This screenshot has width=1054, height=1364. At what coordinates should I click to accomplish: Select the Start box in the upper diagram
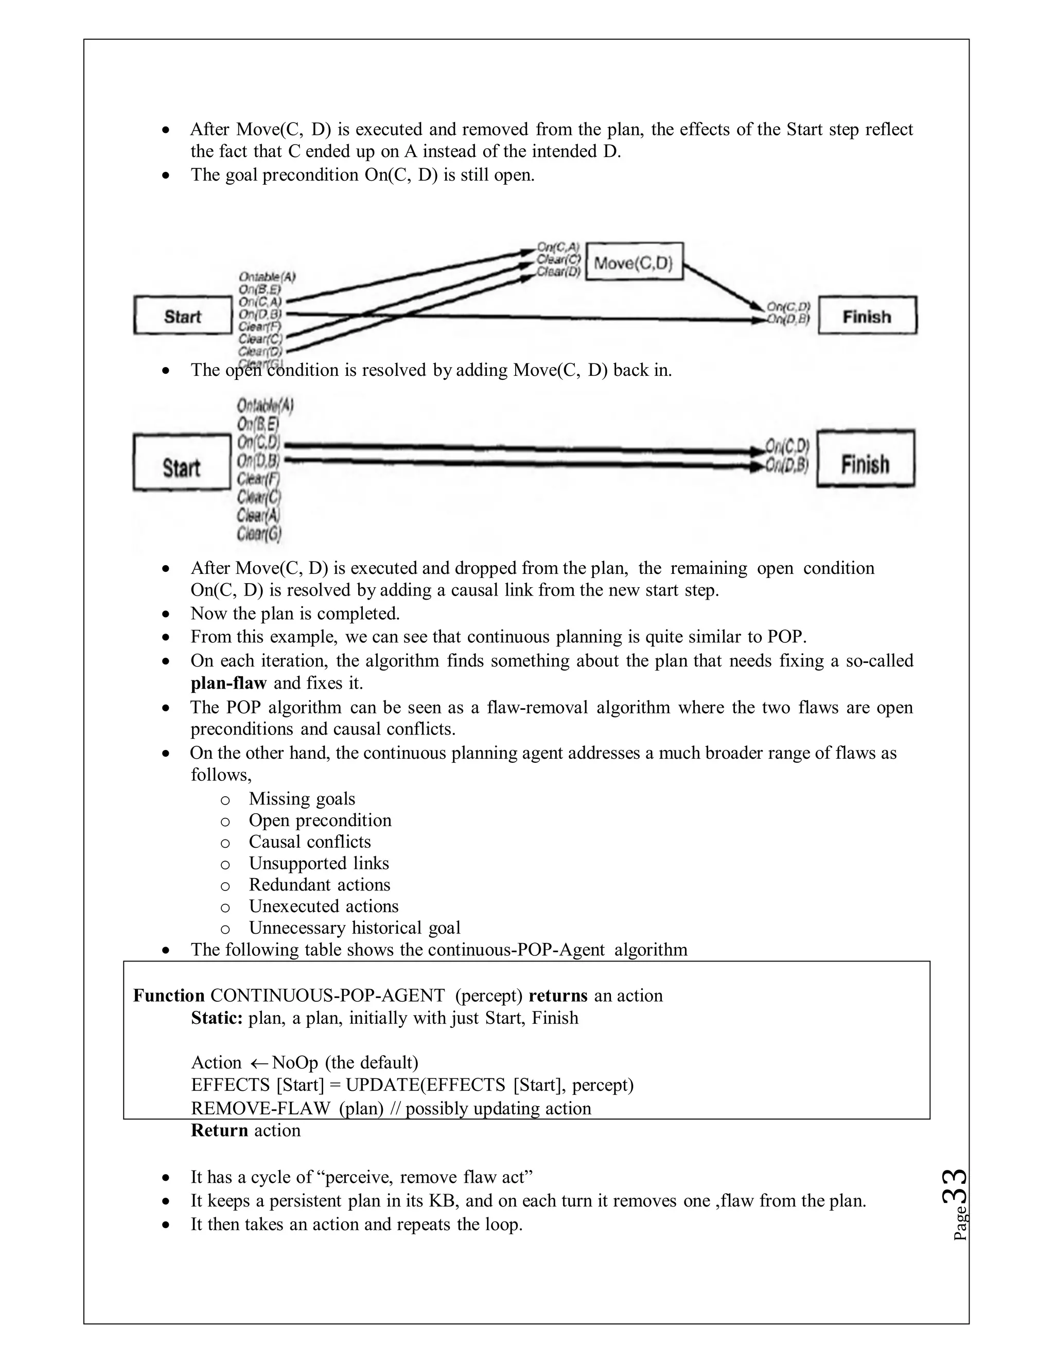[x=182, y=317]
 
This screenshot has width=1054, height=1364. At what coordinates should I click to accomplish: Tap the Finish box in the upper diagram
[x=867, y=317]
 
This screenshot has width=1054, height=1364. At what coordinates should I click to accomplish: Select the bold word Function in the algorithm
[x=169, y=995]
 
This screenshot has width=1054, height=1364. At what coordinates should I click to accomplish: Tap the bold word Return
[x=219, y=1130]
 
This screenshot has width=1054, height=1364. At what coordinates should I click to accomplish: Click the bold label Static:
[x=217, y=1018]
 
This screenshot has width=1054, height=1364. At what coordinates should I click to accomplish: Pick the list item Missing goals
[x=302, y=799]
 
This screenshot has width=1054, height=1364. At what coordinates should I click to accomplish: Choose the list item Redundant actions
[x=319, y=885]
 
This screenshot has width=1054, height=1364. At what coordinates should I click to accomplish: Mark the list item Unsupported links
[x=319, y=864]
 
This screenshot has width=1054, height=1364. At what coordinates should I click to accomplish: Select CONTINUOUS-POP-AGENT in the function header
[x=327, y=995]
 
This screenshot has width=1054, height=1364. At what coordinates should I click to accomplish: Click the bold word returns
[x=557, y=995]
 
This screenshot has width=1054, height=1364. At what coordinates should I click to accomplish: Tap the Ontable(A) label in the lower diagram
[x=265, y=406]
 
